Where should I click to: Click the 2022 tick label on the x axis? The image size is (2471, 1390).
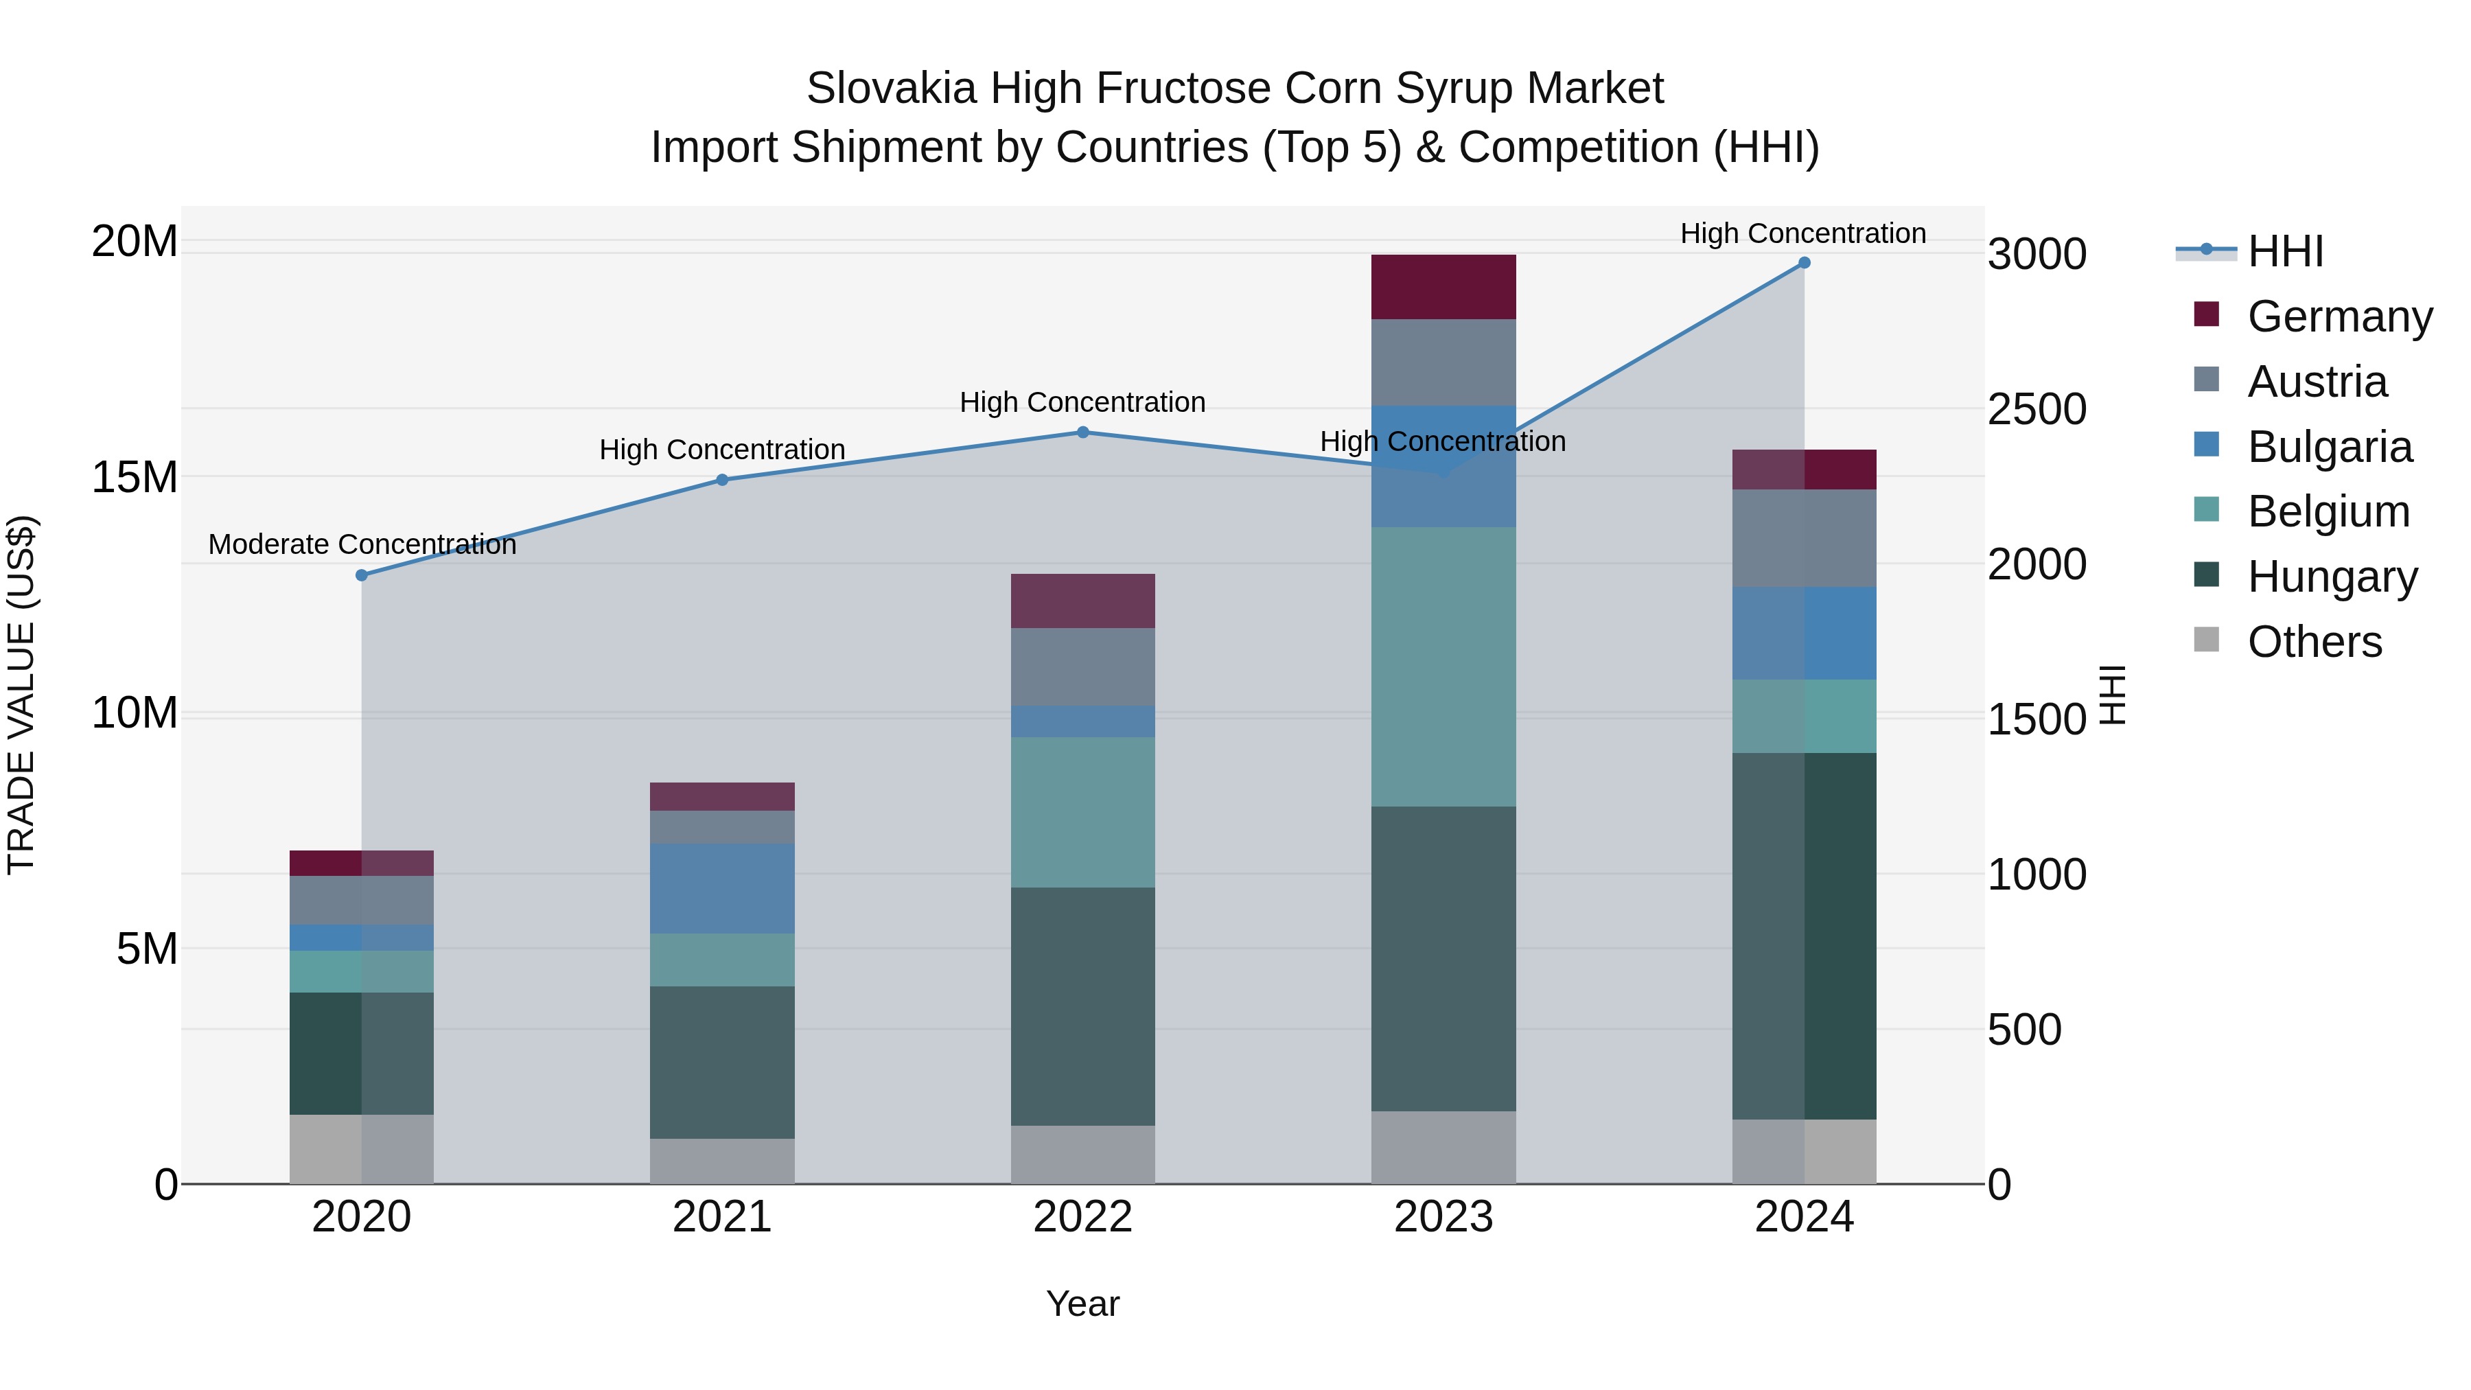pyautogui.click(x=1082, y=1217)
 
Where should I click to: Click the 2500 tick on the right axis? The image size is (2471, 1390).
pyautogui.click(x=2037, y=410)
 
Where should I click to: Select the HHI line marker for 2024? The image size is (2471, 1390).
pyautogui.click(x=1803, y=263)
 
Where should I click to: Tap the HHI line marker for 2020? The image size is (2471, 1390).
pyautogui.click(x=362, y=576)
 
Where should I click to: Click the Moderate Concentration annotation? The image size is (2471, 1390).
pyautogui.click(x=362, y=545)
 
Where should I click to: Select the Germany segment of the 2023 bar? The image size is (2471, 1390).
pyautogui.click(x=1443, y=287)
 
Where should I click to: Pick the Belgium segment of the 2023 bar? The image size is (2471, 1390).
pyautogui.click(x=1443, y=667)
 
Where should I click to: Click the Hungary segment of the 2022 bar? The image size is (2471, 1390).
pyautogui.click(x=1082, y=1006)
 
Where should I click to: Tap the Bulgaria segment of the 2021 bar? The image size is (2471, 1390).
pyautogui.click(x=721, y=888)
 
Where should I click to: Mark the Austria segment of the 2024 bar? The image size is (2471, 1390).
pyautogui.click(x=1803, y=538)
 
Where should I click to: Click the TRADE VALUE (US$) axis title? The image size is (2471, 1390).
pyautogui.click(x=21, y=695)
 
